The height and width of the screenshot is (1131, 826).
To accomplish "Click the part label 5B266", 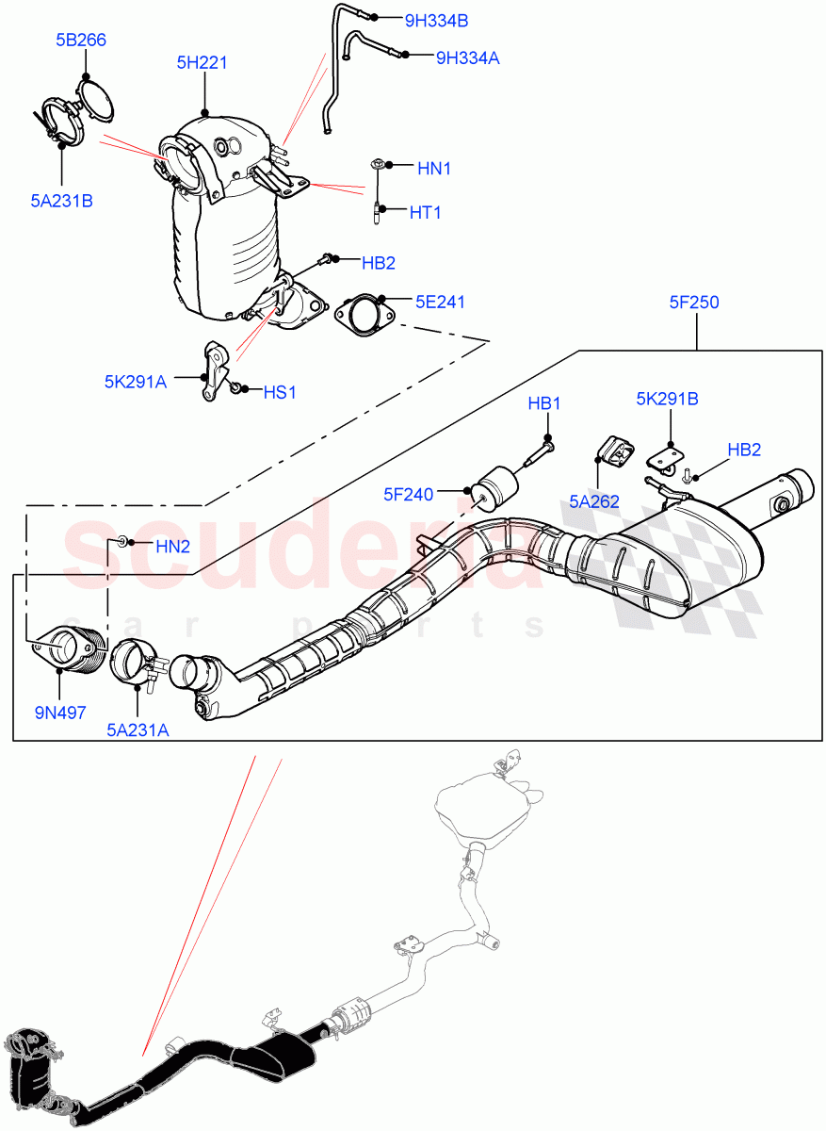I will (x=80, y=40).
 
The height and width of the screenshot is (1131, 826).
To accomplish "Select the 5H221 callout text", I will (x=202, y=63).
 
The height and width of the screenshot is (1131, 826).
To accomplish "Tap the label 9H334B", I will (x=436, y=20).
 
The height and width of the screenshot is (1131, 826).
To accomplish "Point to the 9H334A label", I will (x=467, y=57).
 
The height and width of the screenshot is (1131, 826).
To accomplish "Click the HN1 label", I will (x=434, y=169).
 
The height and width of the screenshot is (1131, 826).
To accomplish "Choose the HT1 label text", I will (x=425, y=213).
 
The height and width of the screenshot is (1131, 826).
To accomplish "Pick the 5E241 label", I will (x=441, y=303).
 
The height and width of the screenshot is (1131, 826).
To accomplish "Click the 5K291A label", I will (x=135, y=382).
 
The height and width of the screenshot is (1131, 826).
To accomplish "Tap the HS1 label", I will (x=279, y=392).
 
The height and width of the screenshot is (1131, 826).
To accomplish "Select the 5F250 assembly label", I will (x=694, y=303).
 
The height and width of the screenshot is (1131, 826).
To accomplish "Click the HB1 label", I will (x=543, y=403).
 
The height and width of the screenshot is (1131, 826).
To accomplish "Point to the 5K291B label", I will (x=667, y=399).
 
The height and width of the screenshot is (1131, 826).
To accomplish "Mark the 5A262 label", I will (x=593, y=501).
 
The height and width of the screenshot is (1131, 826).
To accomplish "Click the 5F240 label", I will (x=408, y=493).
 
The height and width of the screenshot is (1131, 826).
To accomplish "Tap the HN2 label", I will (x=172, y=546).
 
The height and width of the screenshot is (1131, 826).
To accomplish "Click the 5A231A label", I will (x=138, y=728).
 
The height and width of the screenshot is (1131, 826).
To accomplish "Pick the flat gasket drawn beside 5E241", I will (x=358, y=315).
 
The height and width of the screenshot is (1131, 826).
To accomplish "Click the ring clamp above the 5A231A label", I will (x=135, y=662).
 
